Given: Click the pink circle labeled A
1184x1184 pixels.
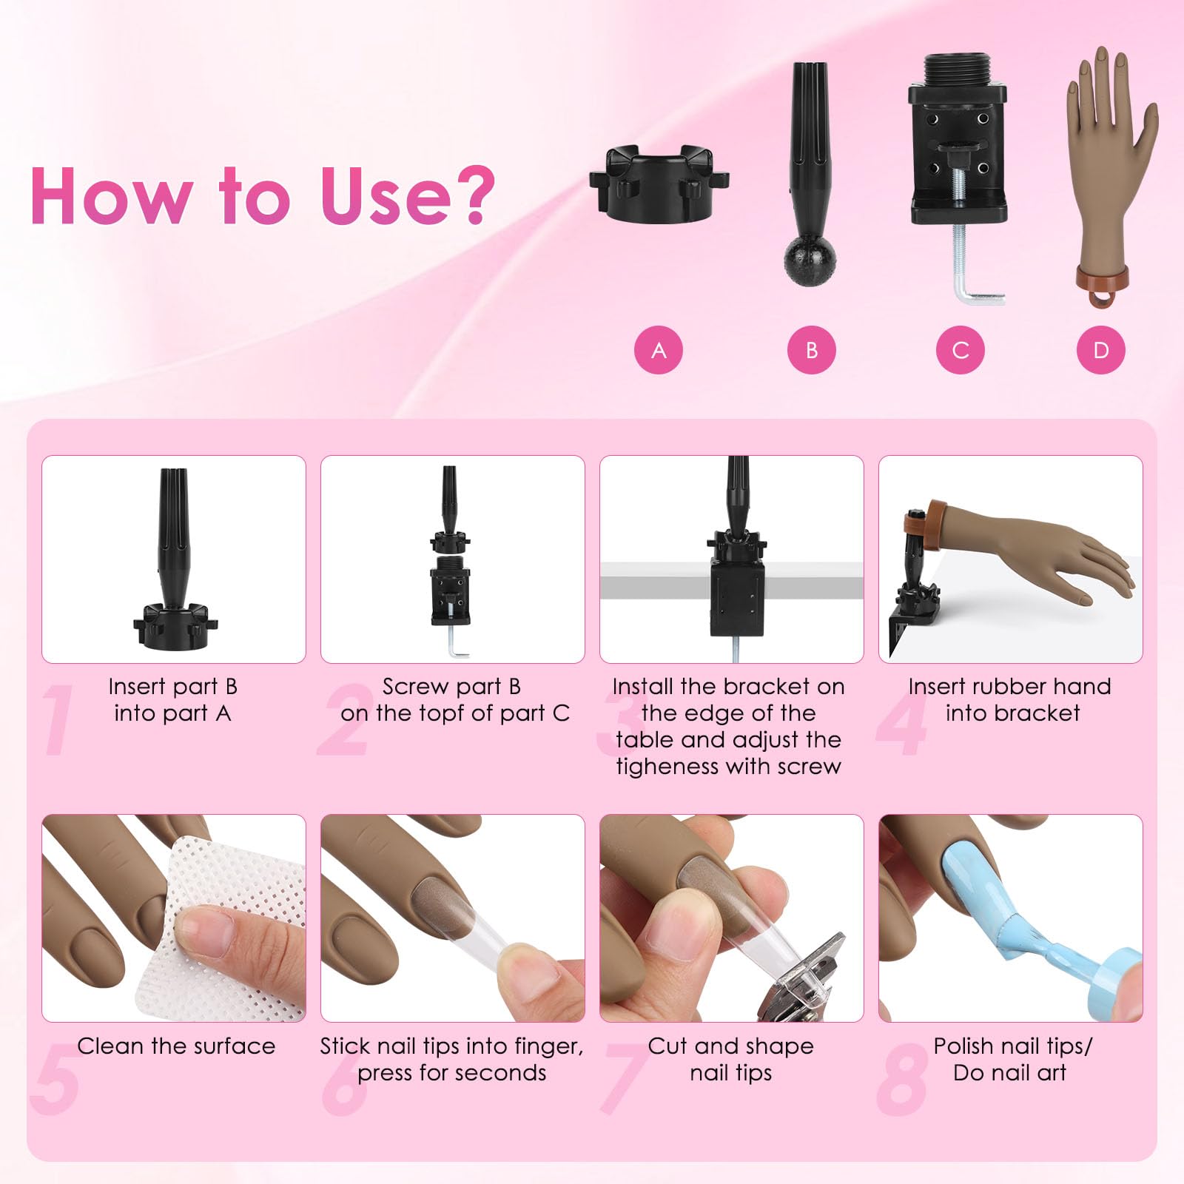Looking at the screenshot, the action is [x=658, y=350].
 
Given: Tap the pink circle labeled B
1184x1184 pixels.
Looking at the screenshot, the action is [x=811, y=350].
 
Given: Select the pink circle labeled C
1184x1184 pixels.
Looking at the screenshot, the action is [x=960, y=350].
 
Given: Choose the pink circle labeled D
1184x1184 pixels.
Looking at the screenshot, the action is [x=1101, y=350].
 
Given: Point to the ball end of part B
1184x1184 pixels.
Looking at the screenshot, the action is [x=810, y=260].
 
